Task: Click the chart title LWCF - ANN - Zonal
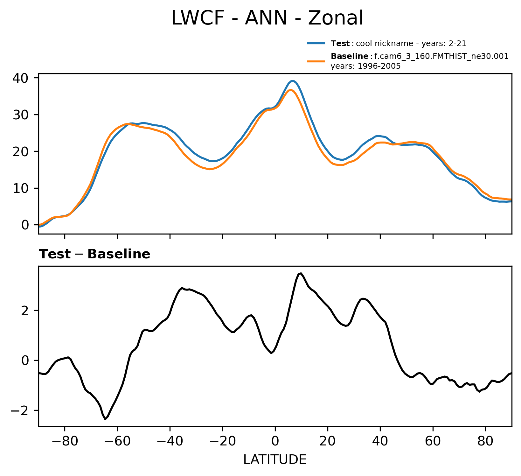[267, 18]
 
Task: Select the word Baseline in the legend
[350, 57]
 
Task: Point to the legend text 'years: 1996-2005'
[365, 66]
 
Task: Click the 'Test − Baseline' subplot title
[94, 254]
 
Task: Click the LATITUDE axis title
[275, 459]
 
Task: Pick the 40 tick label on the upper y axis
[20, 78]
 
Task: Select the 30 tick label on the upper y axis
[20, 115]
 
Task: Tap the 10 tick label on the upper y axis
[20, 188]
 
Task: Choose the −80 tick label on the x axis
[65, 441]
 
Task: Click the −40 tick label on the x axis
[170, 441]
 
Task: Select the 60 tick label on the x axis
[433, 441]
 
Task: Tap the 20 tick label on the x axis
[328, 441]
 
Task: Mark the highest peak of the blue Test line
[293, 81]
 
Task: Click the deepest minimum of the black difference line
[105, 419]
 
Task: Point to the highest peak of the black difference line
[301, 273]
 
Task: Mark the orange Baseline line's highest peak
[291, 90]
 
